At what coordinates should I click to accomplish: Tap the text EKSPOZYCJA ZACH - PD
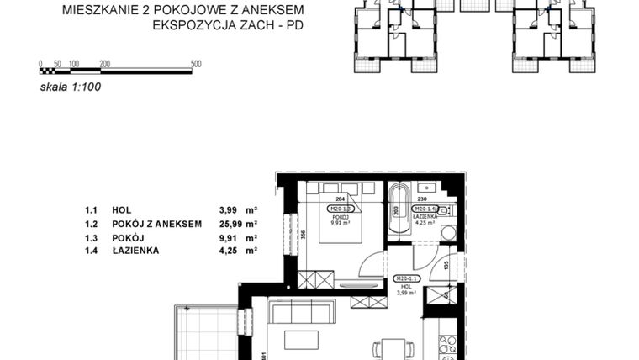pos(227,25)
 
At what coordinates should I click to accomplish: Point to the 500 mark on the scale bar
pos(196,64)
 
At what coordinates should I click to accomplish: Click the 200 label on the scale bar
pos(104,64)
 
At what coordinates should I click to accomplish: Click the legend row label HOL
pos(121,211)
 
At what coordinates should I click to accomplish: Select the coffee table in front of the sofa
pos(300,339)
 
